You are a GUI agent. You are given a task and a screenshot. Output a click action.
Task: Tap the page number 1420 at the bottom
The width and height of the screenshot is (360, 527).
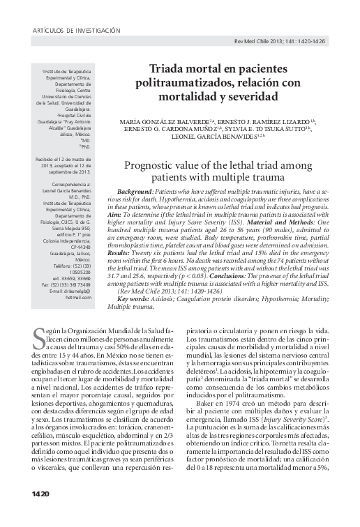(x=40, y=512)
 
